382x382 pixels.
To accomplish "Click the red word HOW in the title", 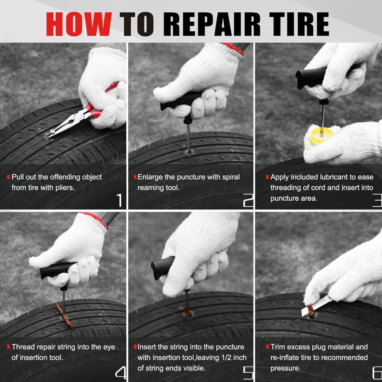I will click(x=79, y=24).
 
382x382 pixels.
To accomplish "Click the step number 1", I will click(x=118, y=200).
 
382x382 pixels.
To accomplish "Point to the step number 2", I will click(x=248, y=200).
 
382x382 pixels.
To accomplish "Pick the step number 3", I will click(x=376, y=200).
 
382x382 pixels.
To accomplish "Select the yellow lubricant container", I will click(x=321, y=135).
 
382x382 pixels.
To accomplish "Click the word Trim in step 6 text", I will click(x=279, y=347).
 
